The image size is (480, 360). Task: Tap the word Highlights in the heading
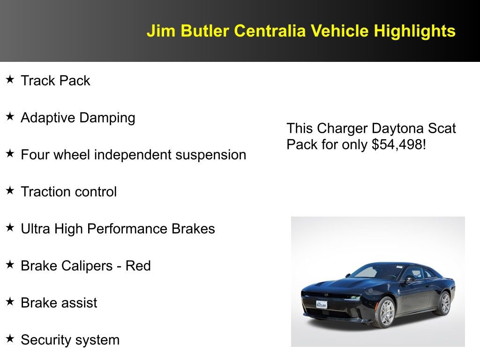[414, 31]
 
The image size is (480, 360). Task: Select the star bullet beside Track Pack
[10, 80]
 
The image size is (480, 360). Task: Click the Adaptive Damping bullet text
[78, 118]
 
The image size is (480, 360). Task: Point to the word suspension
[210, 155]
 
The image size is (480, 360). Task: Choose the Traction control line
[68, 192]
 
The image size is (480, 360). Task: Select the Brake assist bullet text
[59, 303]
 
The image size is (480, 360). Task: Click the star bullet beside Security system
[10, 339]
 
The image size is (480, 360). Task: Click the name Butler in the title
[206, 31]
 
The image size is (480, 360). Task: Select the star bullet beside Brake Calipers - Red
[10, 265]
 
